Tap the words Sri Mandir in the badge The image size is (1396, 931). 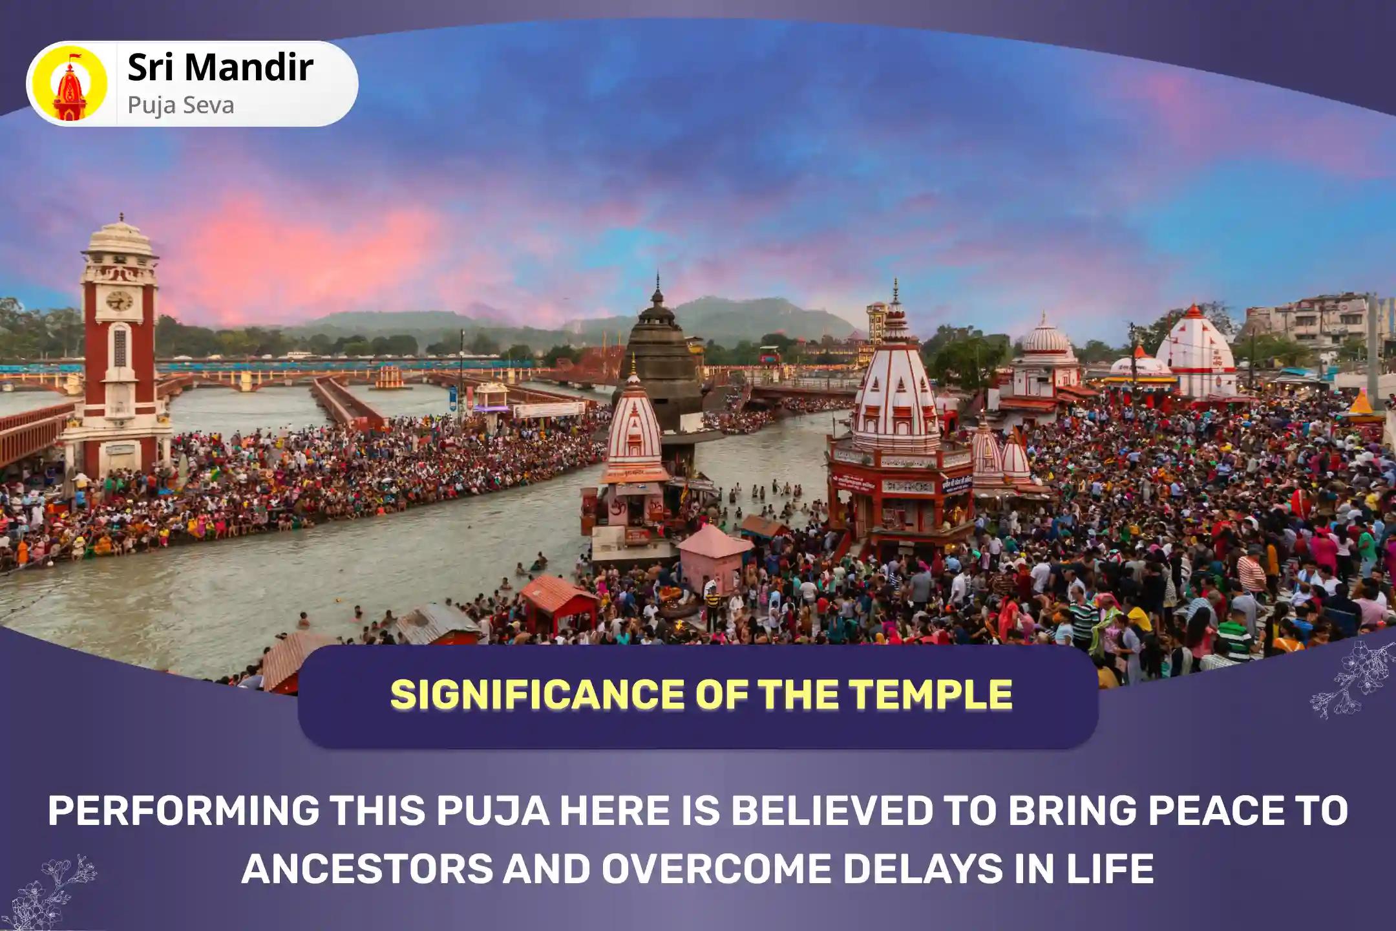point(220,68)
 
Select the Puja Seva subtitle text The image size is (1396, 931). point(180,105)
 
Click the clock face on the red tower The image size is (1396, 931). point(118,300)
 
